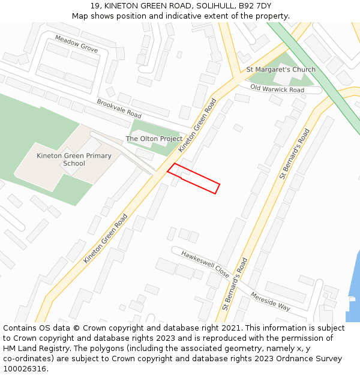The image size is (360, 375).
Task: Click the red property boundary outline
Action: click(x=193, y=179)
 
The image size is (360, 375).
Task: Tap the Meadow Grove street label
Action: click(x=76, y=44)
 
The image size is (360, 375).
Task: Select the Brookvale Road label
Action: click(x=119, y=109)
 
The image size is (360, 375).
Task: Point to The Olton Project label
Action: click(x=154, y=139)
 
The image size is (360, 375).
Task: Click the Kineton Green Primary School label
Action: click(x=74, y=160)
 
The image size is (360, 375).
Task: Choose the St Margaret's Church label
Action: click(x=281, y=70)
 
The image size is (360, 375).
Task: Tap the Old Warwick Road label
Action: click(x=277, y=89)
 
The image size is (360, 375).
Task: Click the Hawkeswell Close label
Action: click(x=205, y=263)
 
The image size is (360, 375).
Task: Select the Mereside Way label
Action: click(x=271, y=301)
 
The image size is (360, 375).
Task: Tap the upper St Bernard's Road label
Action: click(x=295, y=154)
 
